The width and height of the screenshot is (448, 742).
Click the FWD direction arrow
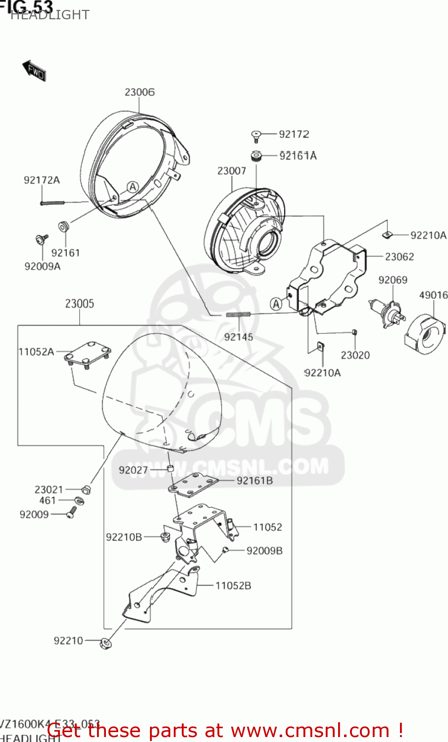click(x=34, y=70)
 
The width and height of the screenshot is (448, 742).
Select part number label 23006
click(x=139, y=92)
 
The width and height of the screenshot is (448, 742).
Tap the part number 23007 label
click(x=231, y=171)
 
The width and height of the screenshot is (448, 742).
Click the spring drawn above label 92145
click(x=239, y=314)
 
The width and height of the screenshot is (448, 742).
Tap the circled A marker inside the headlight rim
click(x=132, y=187)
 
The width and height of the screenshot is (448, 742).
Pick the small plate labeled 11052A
click(x=88, y=354)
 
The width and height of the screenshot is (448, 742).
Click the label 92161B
click(x=254, y=480)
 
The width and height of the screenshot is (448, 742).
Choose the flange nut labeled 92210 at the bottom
click(x=105, y=643)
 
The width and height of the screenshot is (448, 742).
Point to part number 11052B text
click(x=233, y=586)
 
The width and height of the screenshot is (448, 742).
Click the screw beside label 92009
click(x=72, y=512)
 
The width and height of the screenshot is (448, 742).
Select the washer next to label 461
click(x=79, y=501)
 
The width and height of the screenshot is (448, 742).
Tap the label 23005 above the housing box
click(x=79, y=304)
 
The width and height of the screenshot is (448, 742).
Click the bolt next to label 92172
click(x=256, y=135)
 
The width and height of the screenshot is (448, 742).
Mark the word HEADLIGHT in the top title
click(x=50, y=15)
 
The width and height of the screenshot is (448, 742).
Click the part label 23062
click(x=399, y=257)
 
